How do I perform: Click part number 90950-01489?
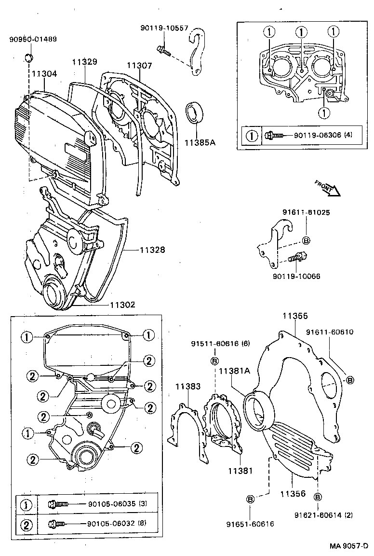pyautogui.click(x=32, y=39)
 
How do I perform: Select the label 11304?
pyautogui.click(x=44, y=74)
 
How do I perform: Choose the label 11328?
pyautogui.click(x=152, y=250)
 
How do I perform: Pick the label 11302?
pyautogui.click(x=122, y=305)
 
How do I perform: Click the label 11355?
pyautogui.click(x=295, y=317)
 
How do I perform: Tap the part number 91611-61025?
pyautogui.click(x=307, y=212)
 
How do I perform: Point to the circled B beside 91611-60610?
pyautogui.click(x=350, y=380)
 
